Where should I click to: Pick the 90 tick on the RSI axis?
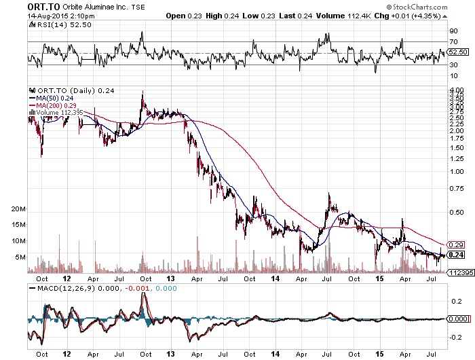[x=453, y=31]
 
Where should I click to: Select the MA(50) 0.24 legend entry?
[x=56, y=97]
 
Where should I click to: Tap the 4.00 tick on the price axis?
[x=456, y=90]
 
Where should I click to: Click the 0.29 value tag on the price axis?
[x=456, y=245]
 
